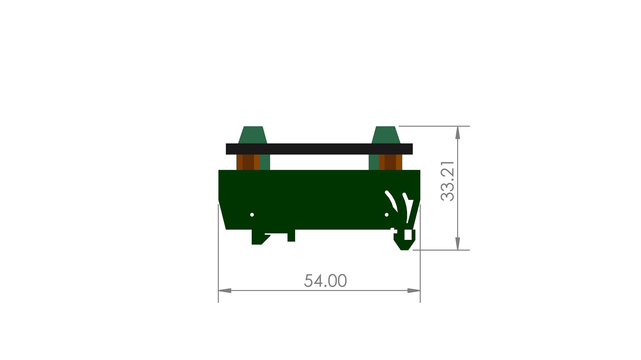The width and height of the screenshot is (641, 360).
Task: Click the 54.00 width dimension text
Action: [x=325, y=281]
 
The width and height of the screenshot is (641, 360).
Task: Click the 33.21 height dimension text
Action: [x=447, y=181]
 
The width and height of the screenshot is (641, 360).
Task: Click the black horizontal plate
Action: [x=319, y=149]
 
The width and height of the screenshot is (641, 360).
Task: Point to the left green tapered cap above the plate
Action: [x=253, y=135]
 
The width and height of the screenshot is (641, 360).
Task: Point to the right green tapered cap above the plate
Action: [x=386, y=135]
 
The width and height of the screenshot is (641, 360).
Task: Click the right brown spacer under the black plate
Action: [x=390, y=162]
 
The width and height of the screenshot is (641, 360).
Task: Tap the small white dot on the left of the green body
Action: [x=252, y=215]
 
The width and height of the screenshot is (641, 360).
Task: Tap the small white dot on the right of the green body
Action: [x=387, y=215]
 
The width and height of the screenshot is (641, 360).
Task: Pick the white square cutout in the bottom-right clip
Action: [x=408, y=235]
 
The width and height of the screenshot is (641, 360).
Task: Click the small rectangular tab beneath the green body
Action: [x=291, y=236]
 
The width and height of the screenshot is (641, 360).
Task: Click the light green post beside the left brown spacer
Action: [x=265, y=162]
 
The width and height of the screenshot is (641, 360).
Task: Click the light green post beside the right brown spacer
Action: [x=374, y=162]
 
